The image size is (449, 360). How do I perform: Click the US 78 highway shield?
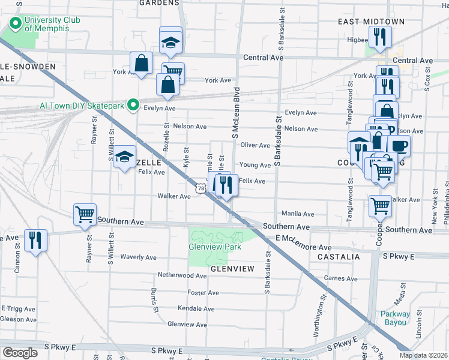pos(200,188)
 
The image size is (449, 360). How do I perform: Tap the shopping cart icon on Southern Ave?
pos(85,214)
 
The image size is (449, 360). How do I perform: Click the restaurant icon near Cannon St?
pos(36,241)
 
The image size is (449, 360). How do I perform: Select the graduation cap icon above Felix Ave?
pos(124,157)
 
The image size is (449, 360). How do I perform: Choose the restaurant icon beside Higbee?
pos(379,37)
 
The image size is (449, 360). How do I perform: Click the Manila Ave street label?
pos(298,214)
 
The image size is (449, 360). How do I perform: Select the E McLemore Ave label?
pos(304,247)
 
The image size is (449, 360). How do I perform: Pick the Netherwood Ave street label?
pos(182,275)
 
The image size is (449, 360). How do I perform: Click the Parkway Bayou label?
pos(395,318)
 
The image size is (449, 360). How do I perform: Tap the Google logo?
pos(20,352)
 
